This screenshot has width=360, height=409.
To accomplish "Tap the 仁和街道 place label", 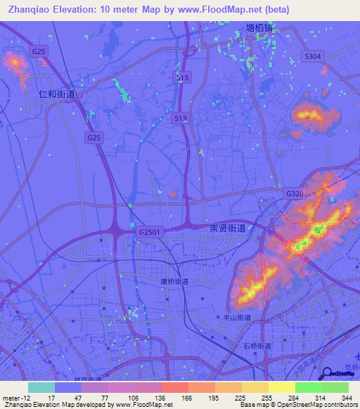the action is point(57,93).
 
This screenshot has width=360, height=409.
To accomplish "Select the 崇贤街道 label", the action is point(228,228).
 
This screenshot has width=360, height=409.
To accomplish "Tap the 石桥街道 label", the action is point(257,346).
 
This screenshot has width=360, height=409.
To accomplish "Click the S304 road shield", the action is point(311,56).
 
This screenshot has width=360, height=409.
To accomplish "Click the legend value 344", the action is point(345,398).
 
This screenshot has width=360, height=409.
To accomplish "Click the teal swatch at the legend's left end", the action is point(41,387).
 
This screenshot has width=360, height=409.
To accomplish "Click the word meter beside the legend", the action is point(11,398).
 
